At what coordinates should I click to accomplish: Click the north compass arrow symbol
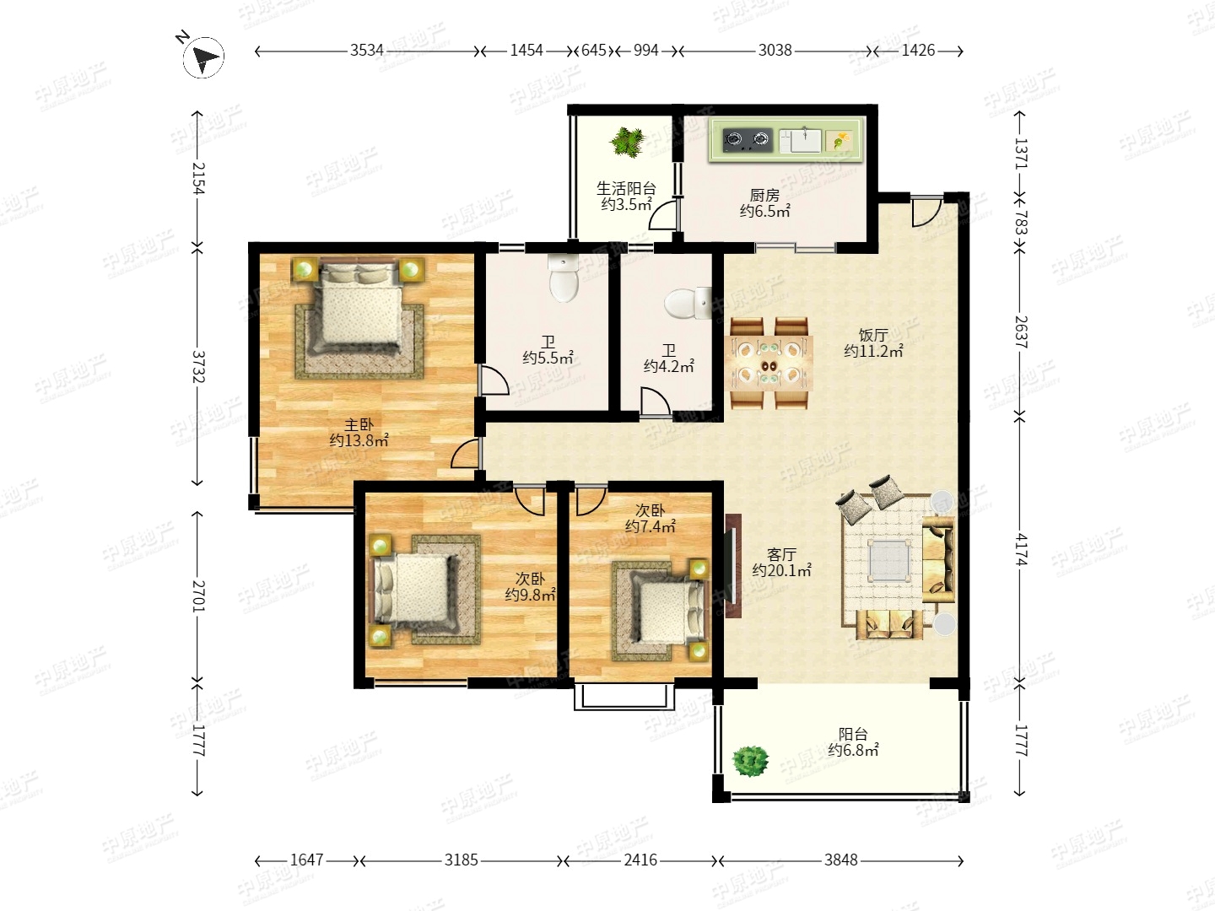click(x=203, y=57)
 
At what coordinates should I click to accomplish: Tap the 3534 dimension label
click(x=366, y=51)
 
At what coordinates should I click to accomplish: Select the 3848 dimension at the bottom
click(x=841, y=860)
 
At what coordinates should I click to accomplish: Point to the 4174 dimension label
click(x=1022, y=549)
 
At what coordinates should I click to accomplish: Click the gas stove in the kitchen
click(x=748, y=140)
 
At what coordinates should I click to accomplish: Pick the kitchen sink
click(x=800, y=141)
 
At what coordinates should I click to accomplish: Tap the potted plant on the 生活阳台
click(x=627, y=143)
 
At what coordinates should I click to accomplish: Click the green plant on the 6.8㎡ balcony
click(x=750, y=762)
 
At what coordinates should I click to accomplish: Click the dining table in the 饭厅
click(x=769, y=364)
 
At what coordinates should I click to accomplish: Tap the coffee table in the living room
click(x=889, y=560)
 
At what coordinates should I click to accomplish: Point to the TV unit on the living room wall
click(x=733, y=565)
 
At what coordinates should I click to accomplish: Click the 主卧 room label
click(x=359, y=424)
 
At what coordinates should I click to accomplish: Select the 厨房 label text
click(x=764, y=195)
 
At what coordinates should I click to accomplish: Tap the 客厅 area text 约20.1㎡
click(x=781, y=570)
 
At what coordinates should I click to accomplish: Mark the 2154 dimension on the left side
click(x=198, y=178)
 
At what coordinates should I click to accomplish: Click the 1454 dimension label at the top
click(x=526, y=51)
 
